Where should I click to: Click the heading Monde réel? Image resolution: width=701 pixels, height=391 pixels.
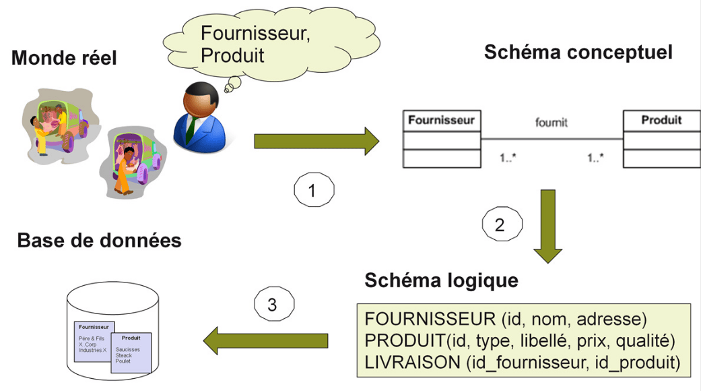click(64, 59)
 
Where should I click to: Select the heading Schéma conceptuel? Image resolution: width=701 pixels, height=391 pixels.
click(578, 52)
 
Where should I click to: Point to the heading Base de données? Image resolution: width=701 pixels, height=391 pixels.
click(99, 241)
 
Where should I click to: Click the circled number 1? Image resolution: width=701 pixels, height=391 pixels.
click(311, 191)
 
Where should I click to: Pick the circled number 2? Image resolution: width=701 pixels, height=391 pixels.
click(499, 225)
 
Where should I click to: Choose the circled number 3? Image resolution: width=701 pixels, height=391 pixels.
click(272, 305)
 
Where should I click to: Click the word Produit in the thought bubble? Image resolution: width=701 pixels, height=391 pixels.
click(232, 55)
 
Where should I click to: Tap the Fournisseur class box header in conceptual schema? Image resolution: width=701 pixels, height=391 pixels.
click(441, 121)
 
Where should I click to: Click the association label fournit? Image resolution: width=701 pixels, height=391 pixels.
click(552, 123)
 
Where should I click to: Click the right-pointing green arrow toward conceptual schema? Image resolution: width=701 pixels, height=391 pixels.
click(316, 141)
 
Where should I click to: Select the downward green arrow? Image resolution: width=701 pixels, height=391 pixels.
click(548, 226)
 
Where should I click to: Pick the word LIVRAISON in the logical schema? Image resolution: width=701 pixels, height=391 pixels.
click(411, 363)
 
